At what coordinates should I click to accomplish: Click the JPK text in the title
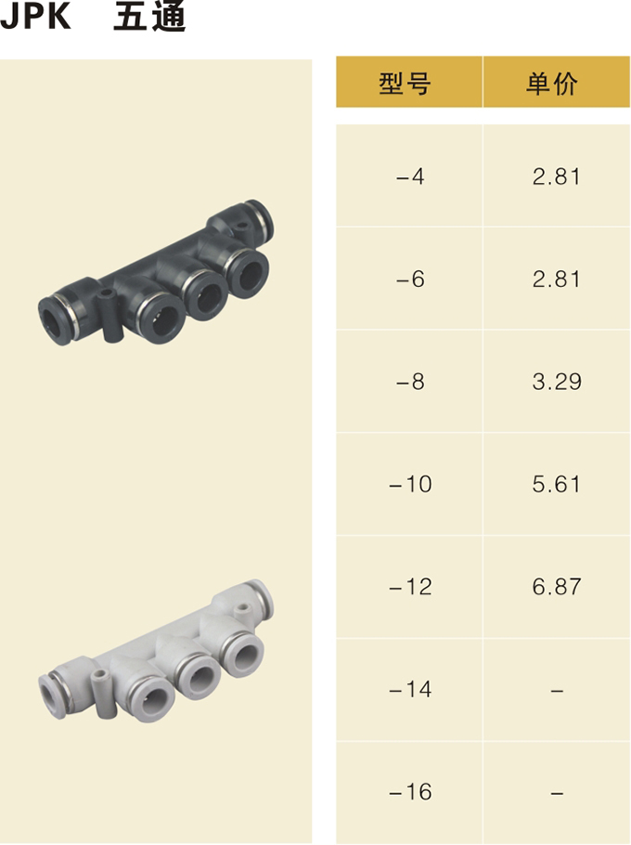35,16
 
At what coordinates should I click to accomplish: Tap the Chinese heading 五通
149,16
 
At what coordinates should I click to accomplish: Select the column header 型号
405,84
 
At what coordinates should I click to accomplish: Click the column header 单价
552,84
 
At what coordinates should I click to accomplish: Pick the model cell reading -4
410,176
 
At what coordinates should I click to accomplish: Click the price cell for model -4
557,176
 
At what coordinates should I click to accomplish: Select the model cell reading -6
410,279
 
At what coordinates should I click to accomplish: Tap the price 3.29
557,382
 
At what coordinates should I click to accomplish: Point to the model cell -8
410,382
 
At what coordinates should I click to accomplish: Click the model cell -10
410,484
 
